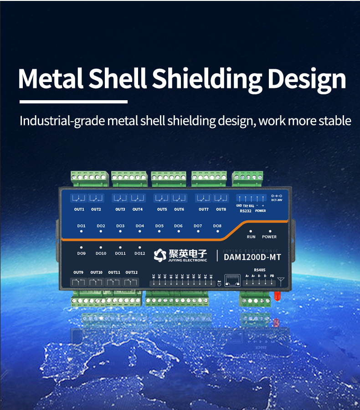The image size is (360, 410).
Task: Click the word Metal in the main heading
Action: [50, 78]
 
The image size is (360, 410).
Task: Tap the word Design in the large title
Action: [307, 78]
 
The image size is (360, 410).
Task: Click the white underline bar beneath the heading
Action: [73, 102]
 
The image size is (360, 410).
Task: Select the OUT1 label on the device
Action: [79, 210]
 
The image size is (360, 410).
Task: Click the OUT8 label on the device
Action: [221, 210]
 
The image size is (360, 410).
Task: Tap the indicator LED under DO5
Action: [159, 231]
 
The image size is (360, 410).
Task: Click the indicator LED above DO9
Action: [82, 247]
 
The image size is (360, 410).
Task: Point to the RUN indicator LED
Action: [251, 231]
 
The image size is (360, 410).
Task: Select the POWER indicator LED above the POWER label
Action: [269, 231]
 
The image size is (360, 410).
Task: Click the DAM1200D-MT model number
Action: [252, 257]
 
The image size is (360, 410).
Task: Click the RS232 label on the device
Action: [245, 211]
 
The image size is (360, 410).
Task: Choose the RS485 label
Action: [260, 270]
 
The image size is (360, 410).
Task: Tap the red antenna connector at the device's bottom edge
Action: [276, 296]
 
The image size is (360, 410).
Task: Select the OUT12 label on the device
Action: [131, 272]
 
